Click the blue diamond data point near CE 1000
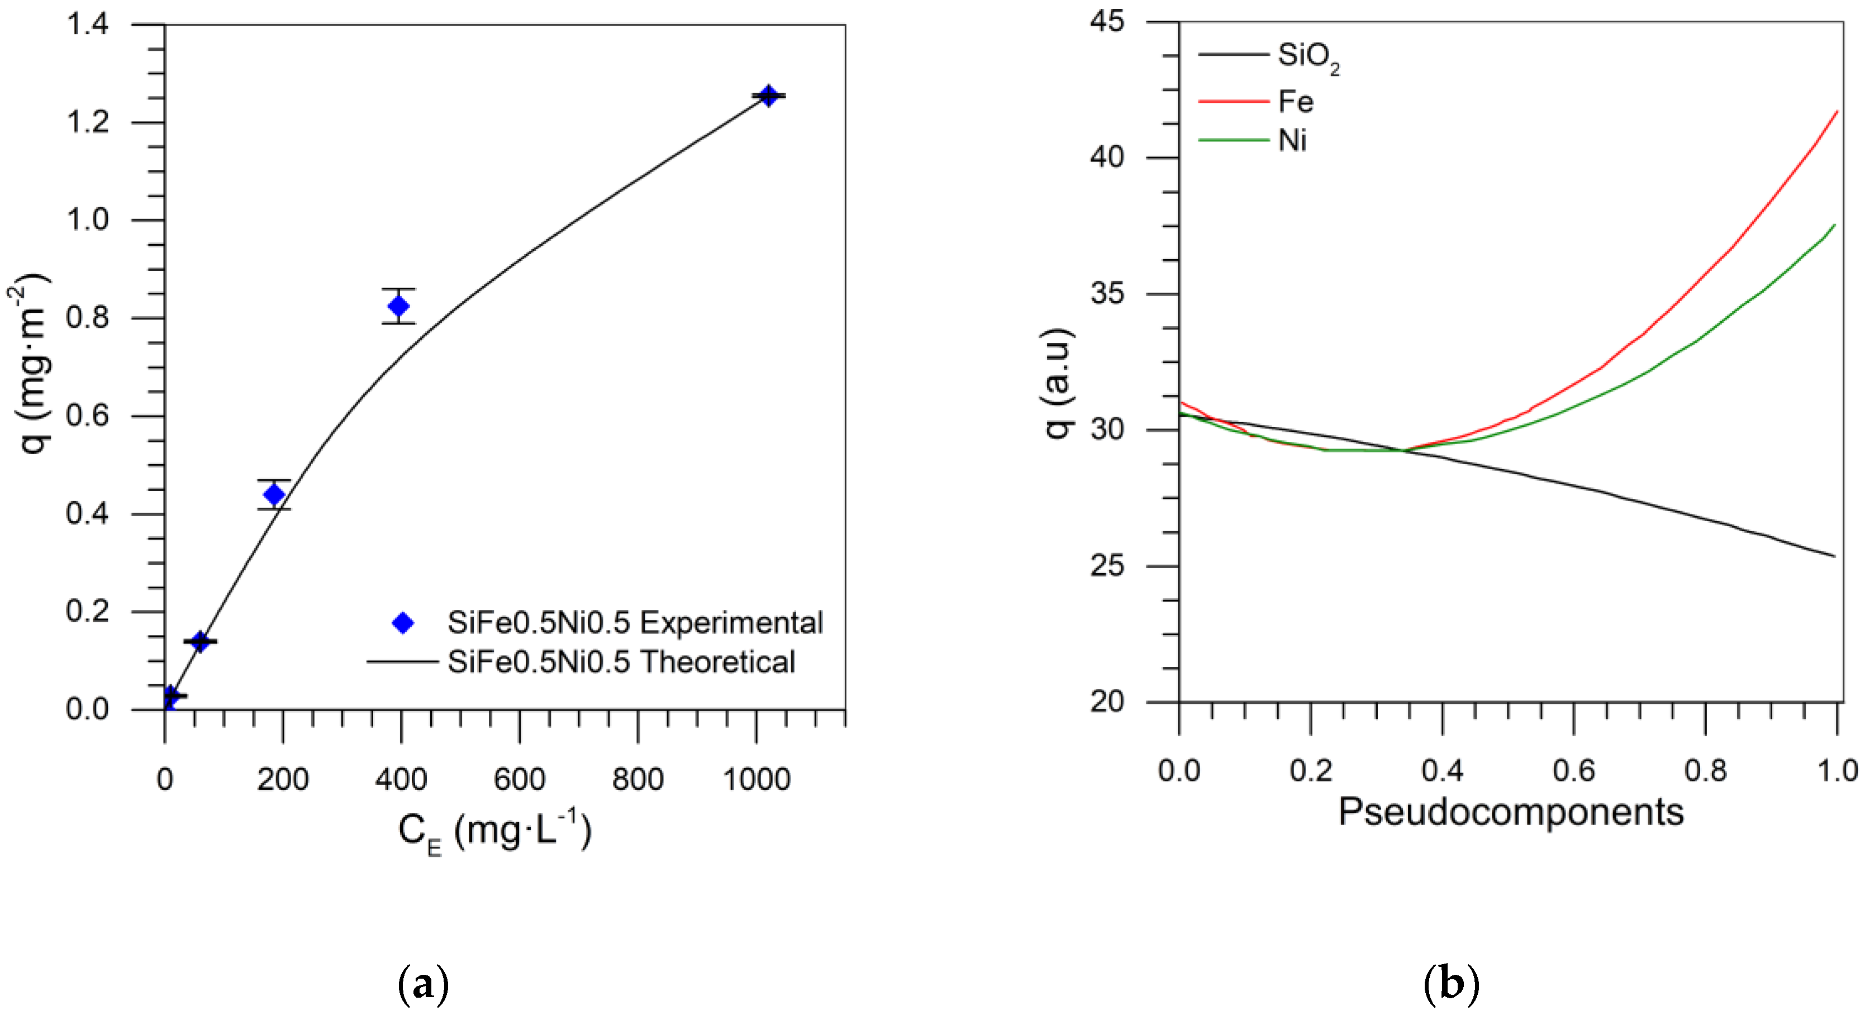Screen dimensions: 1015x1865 768,95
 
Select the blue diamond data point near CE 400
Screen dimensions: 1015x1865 398,306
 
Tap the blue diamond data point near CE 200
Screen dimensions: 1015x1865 274,494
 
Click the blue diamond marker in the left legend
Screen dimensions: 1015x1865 402,623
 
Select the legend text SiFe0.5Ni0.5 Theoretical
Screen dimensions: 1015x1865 621,662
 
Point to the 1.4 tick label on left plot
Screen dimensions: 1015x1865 88,25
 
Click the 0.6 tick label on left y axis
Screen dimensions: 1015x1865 88,416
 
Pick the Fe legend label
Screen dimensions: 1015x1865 1295,101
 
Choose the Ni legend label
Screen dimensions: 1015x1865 1292,140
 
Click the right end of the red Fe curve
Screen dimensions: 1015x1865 1837,112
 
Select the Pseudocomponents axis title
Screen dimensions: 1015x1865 1510,812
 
